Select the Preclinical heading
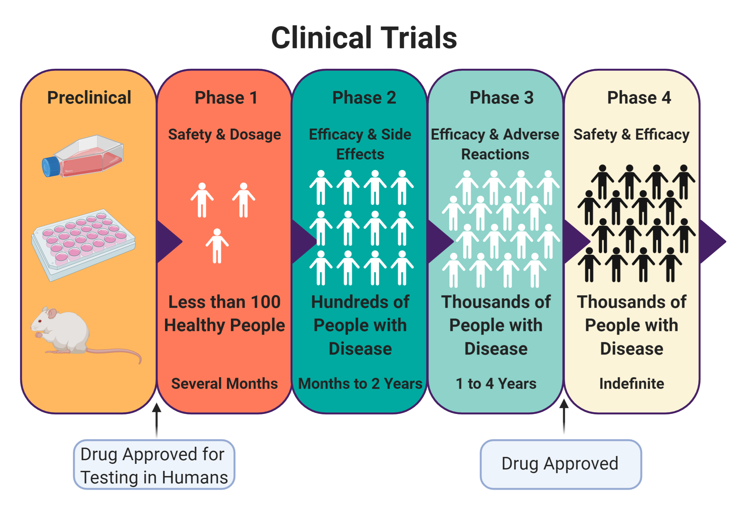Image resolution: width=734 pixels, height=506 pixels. click(x=89, y=97)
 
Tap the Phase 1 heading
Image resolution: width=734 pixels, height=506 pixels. click(x=226, y=97)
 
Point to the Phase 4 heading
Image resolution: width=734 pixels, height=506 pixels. click(x=639, y=97)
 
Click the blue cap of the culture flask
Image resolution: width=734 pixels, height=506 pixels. click(x=51, y=167)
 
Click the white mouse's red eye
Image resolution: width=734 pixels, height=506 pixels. click(x=40, y=321)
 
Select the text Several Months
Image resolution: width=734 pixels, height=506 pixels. click(x=224, y=383)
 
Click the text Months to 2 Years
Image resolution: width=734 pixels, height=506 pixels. click(x=360, y=383)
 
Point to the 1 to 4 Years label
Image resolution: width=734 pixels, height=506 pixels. click(x=496, y=383)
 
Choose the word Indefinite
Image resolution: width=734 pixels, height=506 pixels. click(x=632, y=383)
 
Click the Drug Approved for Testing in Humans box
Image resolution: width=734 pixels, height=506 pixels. click(x=154, y=465)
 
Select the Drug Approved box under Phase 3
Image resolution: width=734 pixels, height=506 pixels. click(x=560, y=464)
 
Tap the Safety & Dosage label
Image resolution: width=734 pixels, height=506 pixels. click(x=224, y=134)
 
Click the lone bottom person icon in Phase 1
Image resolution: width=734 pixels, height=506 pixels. click(x=217, y=246)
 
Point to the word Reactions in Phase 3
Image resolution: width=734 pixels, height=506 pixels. click(x=495, y=154)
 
